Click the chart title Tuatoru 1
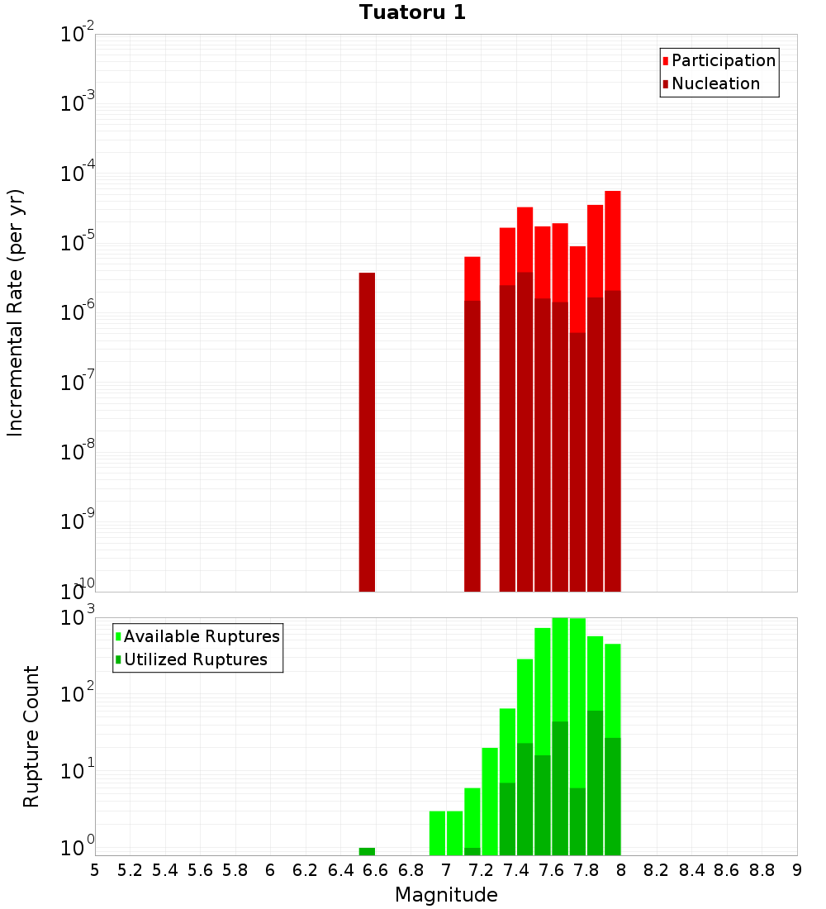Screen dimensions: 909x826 412,12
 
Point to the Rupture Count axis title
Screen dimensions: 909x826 31,736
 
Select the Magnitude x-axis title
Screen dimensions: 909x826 446,894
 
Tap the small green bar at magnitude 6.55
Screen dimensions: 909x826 367,851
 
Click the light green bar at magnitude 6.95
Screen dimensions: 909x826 437,833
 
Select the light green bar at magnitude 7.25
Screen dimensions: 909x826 490,801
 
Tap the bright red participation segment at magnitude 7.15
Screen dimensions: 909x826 472,278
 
